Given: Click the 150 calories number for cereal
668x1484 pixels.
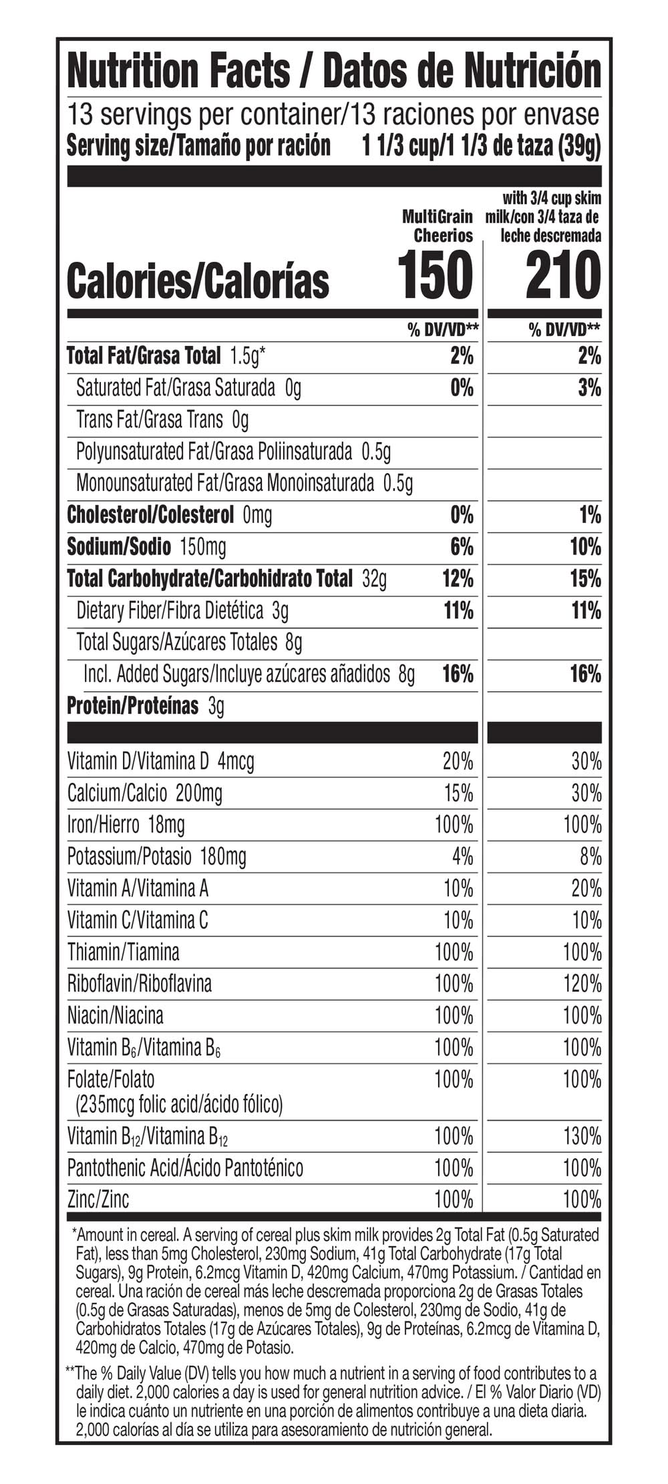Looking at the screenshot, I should [435, 275].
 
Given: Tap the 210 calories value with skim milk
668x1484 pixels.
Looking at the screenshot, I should [563, 275].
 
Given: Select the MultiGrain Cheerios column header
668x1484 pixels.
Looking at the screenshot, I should [438, 226].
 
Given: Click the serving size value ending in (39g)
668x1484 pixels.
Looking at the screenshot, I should [481, 146].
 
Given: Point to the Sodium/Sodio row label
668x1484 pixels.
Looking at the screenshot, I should [119, 547].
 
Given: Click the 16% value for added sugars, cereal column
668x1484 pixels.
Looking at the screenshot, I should [458, 674].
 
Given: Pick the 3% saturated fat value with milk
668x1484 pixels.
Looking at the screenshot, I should [589, 387].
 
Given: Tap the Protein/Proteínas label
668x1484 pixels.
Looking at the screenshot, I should [132, 706].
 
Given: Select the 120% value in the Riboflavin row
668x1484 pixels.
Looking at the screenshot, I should [582, 984].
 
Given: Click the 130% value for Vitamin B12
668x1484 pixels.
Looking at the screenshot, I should [582, 1136].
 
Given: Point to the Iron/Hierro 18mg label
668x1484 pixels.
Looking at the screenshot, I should [126, 825].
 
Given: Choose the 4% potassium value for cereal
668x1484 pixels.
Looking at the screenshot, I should [462, 856].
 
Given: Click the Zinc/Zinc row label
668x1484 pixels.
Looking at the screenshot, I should [98, 1199].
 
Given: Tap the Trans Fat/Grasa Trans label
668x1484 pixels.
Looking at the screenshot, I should [150, 419].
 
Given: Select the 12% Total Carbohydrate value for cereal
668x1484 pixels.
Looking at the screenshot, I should [458, 578].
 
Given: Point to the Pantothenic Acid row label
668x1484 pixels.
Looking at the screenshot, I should [185, 1168].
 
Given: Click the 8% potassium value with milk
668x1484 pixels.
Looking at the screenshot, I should [591, 856].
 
